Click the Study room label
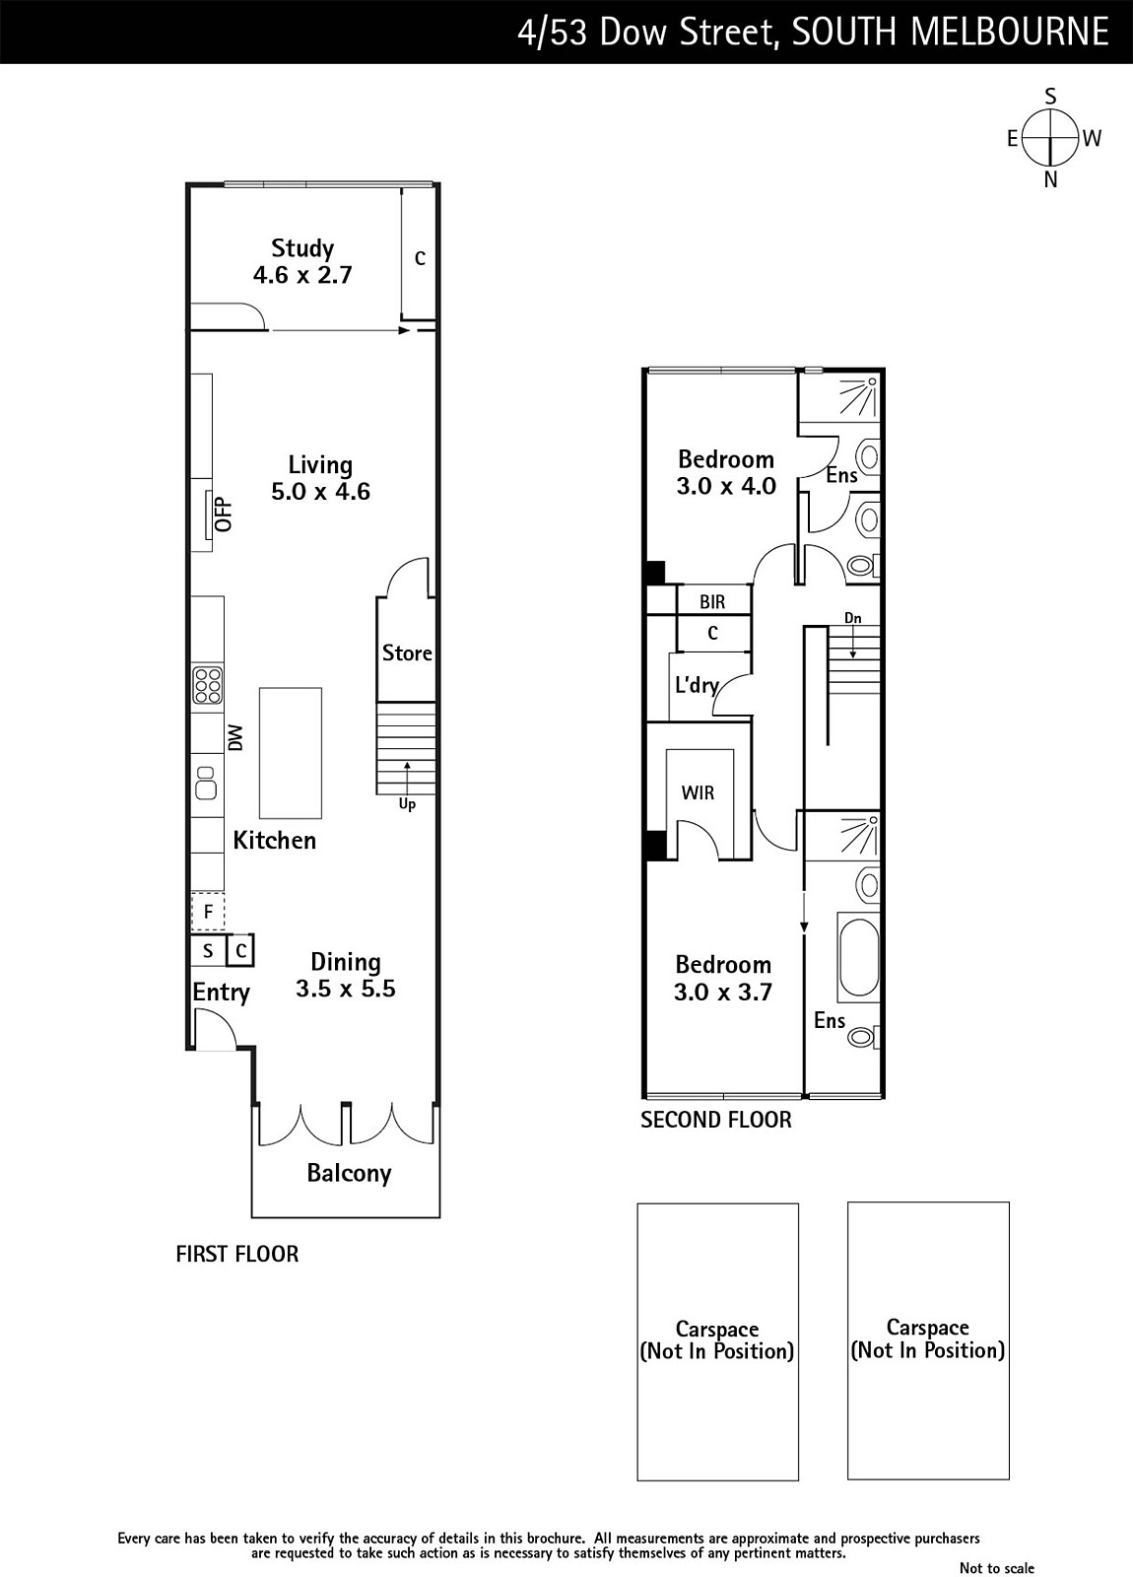(x=302, y=247)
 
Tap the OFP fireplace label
(x=224, y=514)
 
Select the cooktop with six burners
(x=208, y=685)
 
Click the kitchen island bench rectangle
(x=291, y=753)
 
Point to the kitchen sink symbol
(x=206, y=783)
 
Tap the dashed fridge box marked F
(x=208, y=913)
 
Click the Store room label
(x=407, y=652)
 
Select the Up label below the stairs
(x=407, y=804)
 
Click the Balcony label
(x=349, y=1173)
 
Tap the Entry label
(x=221, y=993)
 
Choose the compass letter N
(x=1050, y=180)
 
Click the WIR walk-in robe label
(x=698, y=793)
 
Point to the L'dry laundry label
(x=697, y=685)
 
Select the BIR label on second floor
(x=712, y=602)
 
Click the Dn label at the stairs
(x=853, y=618)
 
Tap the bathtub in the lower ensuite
(x=858, y=957)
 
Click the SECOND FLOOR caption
(x=715, y=1120)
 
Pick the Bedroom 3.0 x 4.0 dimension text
(x=726, y=486)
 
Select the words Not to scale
(x=997, y=1568)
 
